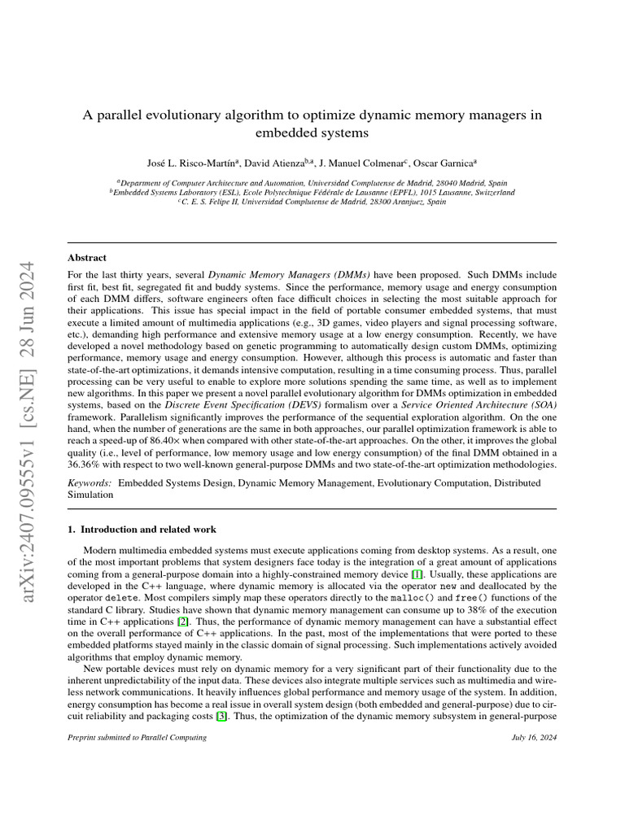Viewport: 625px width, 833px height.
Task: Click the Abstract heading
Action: [x=87, y=258]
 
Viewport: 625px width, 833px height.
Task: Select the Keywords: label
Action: [x=90, y=483]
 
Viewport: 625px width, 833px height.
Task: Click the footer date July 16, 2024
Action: [x=534, y=737]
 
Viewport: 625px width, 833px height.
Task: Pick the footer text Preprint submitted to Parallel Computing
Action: [x=137, y=737]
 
